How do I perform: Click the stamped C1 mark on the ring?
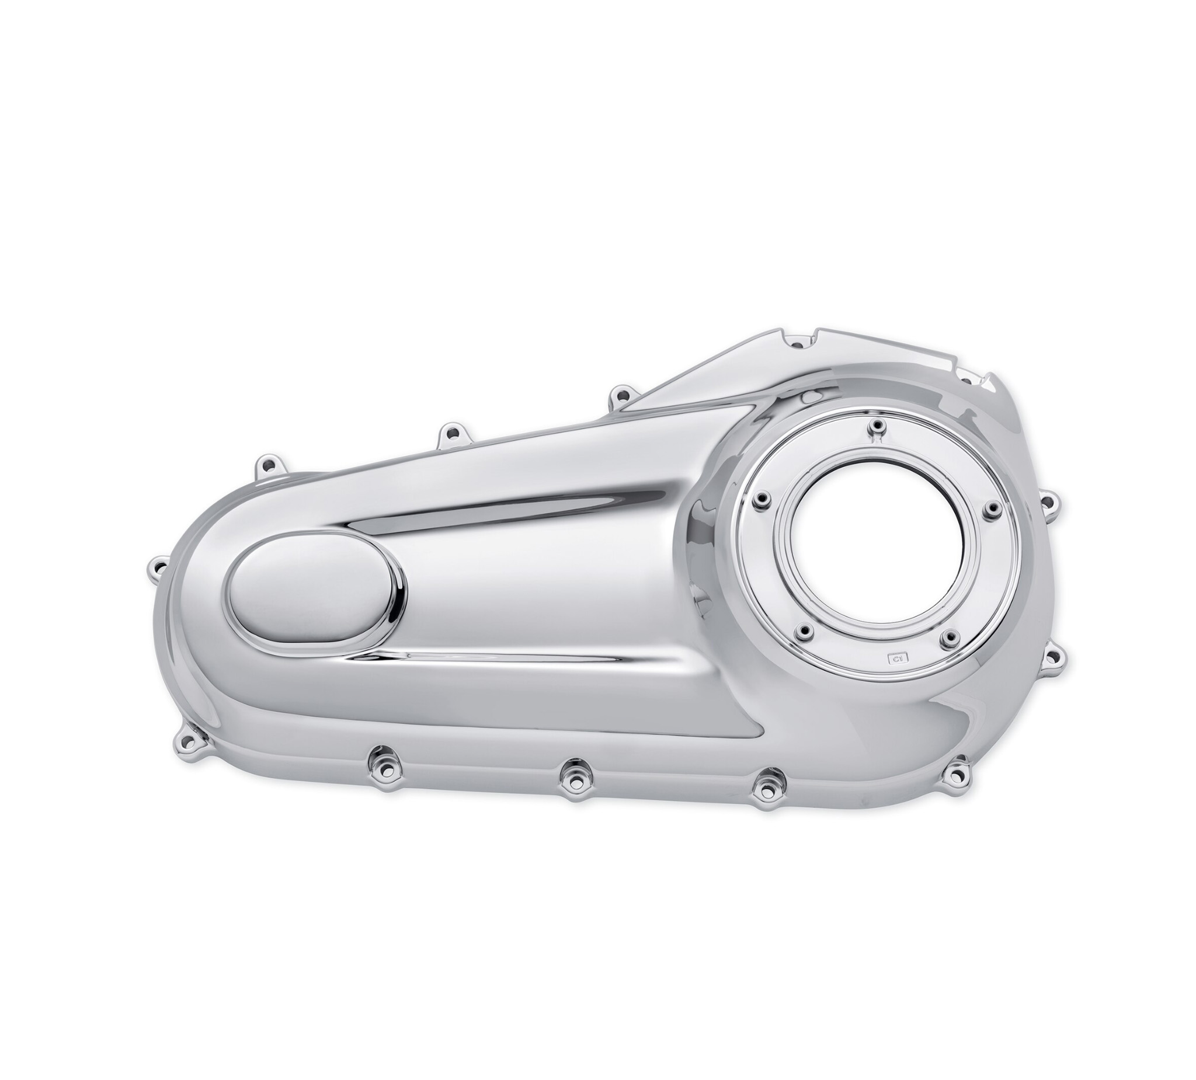(x=895, y=657)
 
